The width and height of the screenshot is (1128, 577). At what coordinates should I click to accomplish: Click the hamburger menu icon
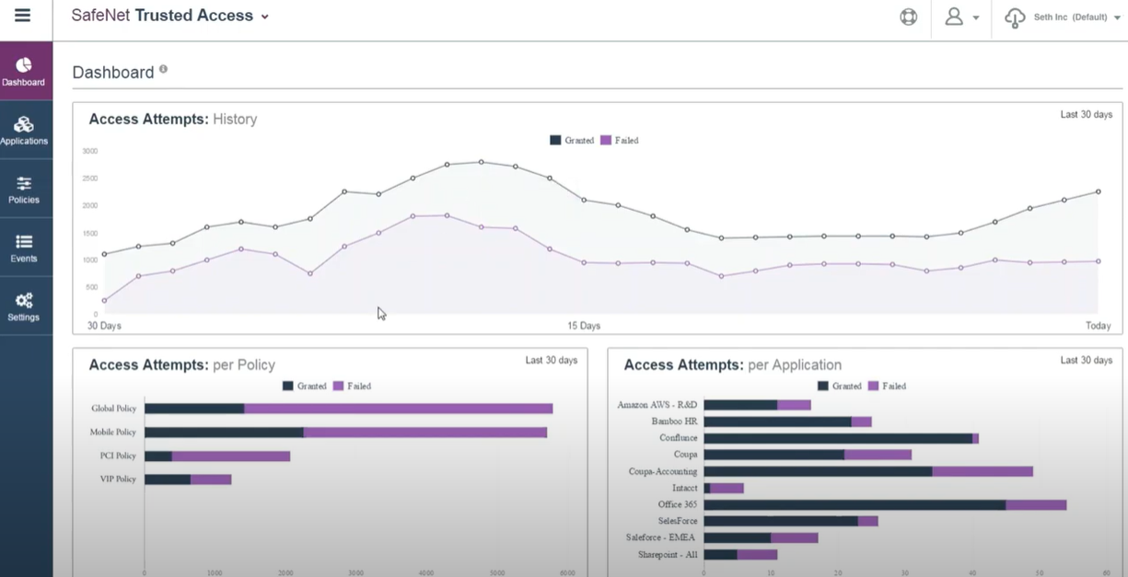(x=22, y=16)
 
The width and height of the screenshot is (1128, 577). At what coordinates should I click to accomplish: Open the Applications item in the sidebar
(x=24, y=130)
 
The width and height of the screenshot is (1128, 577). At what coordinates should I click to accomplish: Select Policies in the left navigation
(x=24, y=189)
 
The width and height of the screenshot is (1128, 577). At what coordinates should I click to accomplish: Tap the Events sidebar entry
(x=24, y=248)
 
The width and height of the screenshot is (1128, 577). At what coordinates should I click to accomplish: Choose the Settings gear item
(x=24, y=306)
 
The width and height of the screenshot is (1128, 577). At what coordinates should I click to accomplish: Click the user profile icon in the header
(x=954, y=17)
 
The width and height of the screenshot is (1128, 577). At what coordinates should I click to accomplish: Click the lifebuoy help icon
(x=908, y=17)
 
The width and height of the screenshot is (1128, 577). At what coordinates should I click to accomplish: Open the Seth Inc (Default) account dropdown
(x=1068, y=17)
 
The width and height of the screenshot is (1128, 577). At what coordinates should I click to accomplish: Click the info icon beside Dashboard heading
(x=163, y=69)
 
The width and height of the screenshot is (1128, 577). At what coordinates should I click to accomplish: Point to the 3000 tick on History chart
(x=89, y=151)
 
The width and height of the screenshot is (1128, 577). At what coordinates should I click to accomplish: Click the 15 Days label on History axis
(x=584, y=326)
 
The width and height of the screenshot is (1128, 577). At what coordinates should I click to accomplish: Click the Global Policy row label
(x=113, y=409)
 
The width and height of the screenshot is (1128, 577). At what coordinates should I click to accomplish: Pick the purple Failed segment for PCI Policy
(x=230, y=456)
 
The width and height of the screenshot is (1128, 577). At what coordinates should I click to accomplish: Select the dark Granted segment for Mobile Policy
(x=224, y=433)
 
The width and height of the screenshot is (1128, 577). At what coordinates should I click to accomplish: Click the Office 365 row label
(x=677, y=504)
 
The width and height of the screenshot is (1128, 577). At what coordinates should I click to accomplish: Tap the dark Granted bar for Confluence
(x=837, y=438)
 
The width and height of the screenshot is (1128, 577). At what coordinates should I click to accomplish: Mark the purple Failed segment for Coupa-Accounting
(x=982, y=471)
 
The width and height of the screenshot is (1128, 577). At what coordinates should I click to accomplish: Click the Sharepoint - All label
(x=668, y=555)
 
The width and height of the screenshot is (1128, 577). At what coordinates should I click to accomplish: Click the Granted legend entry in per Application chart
(x=839, y=387)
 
